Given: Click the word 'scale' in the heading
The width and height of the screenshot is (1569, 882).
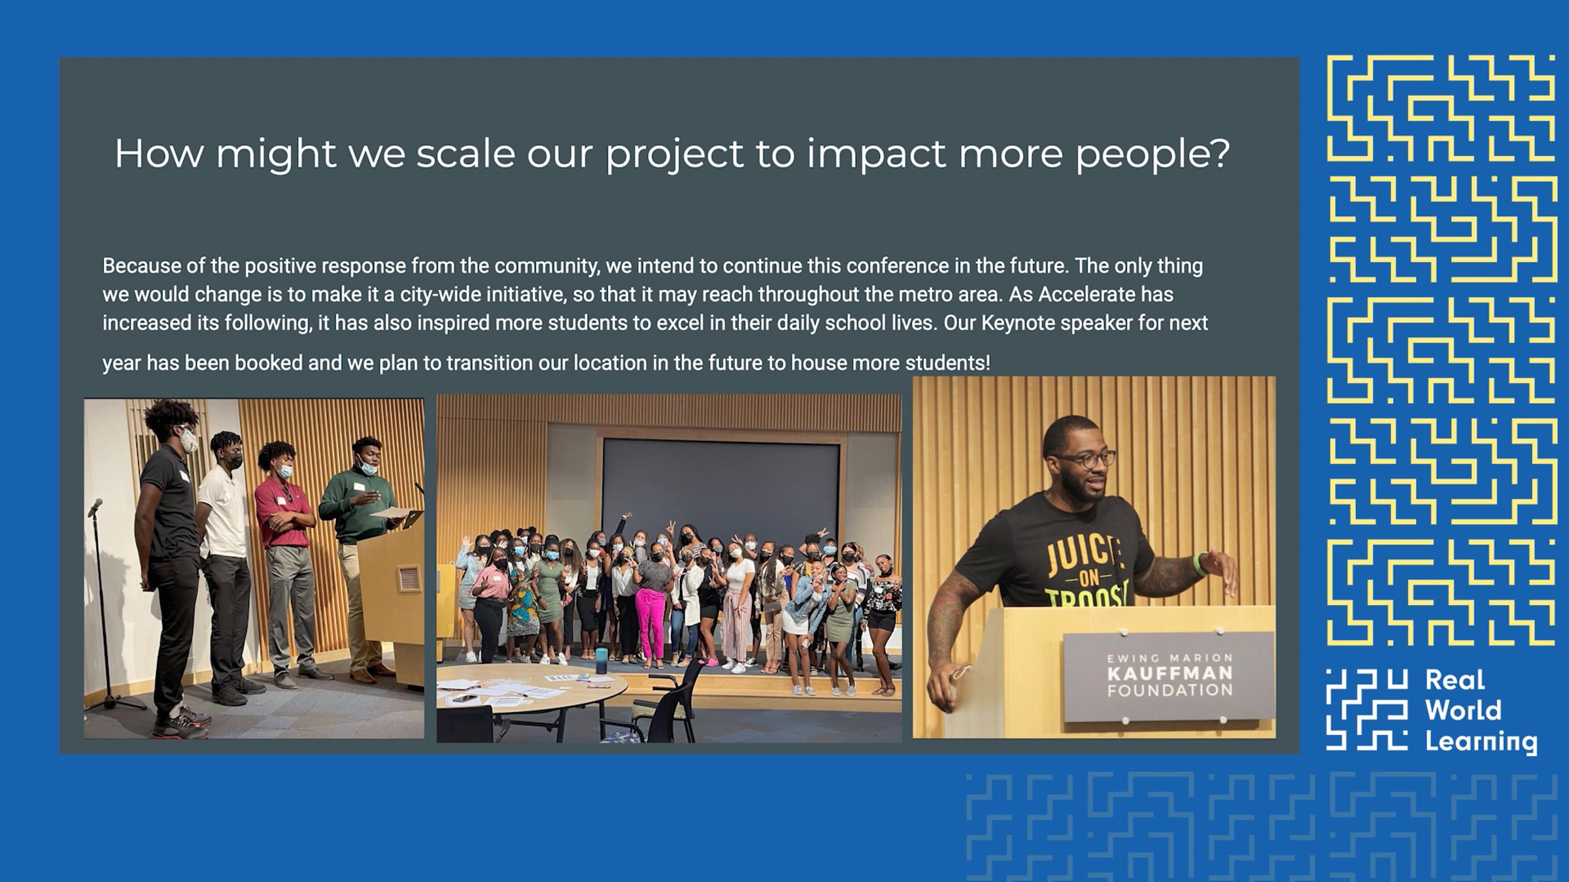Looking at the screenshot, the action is pyautogui.click(x=465, y=154).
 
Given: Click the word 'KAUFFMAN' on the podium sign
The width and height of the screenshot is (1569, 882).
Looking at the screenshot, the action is pyautogui.click(x=1170, y=673).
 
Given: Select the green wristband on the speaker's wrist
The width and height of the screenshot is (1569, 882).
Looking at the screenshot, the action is pyautogui.click(x=1199, y=563).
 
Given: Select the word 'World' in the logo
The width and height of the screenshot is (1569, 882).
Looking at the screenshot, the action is pyautogui.click(x=1463, y=710).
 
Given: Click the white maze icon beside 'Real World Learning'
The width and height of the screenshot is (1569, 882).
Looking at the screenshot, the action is pyautogui.click(x=1367, y=710).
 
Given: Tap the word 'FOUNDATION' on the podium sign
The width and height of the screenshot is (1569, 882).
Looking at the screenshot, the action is pyautogui.click(x=1170, y=690).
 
